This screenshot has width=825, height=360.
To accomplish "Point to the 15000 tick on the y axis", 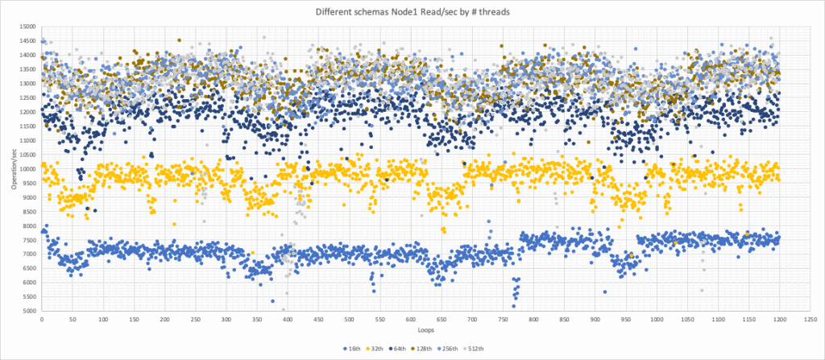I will [29, 27].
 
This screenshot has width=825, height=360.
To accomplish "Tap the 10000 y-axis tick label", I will [29, 169].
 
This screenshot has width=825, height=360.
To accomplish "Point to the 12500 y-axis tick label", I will [29, 98].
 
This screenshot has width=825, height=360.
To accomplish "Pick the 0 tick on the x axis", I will [42, 319].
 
